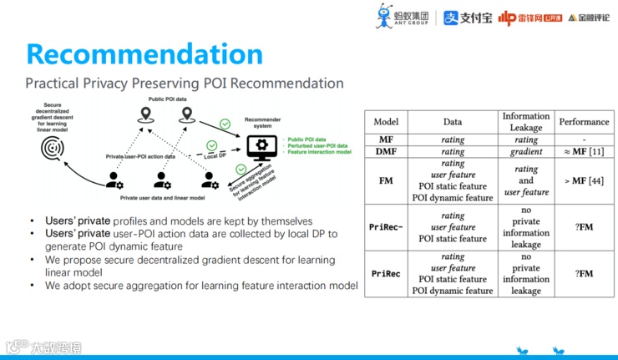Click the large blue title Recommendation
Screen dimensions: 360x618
(x=144, y=53)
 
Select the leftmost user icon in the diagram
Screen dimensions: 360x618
(x=113, y=180)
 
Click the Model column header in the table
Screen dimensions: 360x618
(x=386, y=122)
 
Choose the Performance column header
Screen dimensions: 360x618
(x=584, y=122)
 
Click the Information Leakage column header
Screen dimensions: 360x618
(x=525, y=122)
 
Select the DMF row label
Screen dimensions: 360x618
(x=386, y=152)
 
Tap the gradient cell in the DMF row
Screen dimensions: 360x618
(x=525, y=152)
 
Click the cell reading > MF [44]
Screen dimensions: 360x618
(x=584, y=180)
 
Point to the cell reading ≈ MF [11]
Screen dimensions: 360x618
(x=584, y=152)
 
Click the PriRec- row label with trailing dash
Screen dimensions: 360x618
(x=386, y=226)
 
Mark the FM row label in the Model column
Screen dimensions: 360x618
(x=386, y=180)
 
